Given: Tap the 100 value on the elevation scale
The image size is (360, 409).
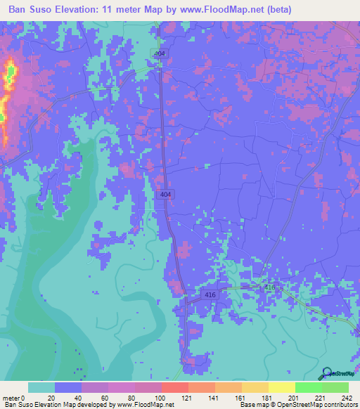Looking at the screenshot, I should pos(160,397).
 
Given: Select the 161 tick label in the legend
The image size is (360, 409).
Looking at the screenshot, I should pos(240,397).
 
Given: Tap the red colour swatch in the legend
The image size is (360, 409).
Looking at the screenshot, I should pos(174,387).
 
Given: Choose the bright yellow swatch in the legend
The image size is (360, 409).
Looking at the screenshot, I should pos(281,387).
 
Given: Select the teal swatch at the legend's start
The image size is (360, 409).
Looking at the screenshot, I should pos(41,387).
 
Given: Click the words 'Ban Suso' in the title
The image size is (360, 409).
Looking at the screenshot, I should pos(32,9).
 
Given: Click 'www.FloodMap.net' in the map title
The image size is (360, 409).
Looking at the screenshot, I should pos(219,9).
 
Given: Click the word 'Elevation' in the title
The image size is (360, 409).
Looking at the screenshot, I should pos(81,9).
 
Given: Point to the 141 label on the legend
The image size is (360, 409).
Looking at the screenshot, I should pos(214,397).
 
